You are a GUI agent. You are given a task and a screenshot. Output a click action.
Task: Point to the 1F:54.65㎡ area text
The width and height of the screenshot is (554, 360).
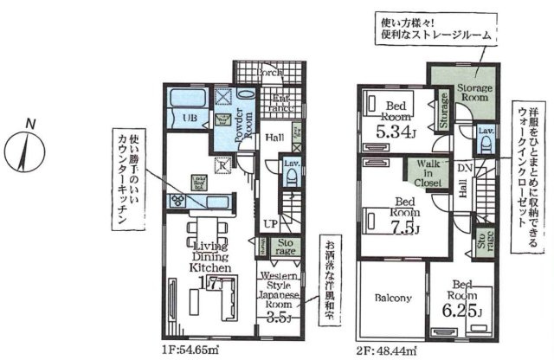click(x=189, y=350)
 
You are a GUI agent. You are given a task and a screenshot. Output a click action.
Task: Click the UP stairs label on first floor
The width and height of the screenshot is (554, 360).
click(x=271, y=223)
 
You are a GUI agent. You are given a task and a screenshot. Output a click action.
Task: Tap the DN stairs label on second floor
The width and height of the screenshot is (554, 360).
click(x=464, y=167)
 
